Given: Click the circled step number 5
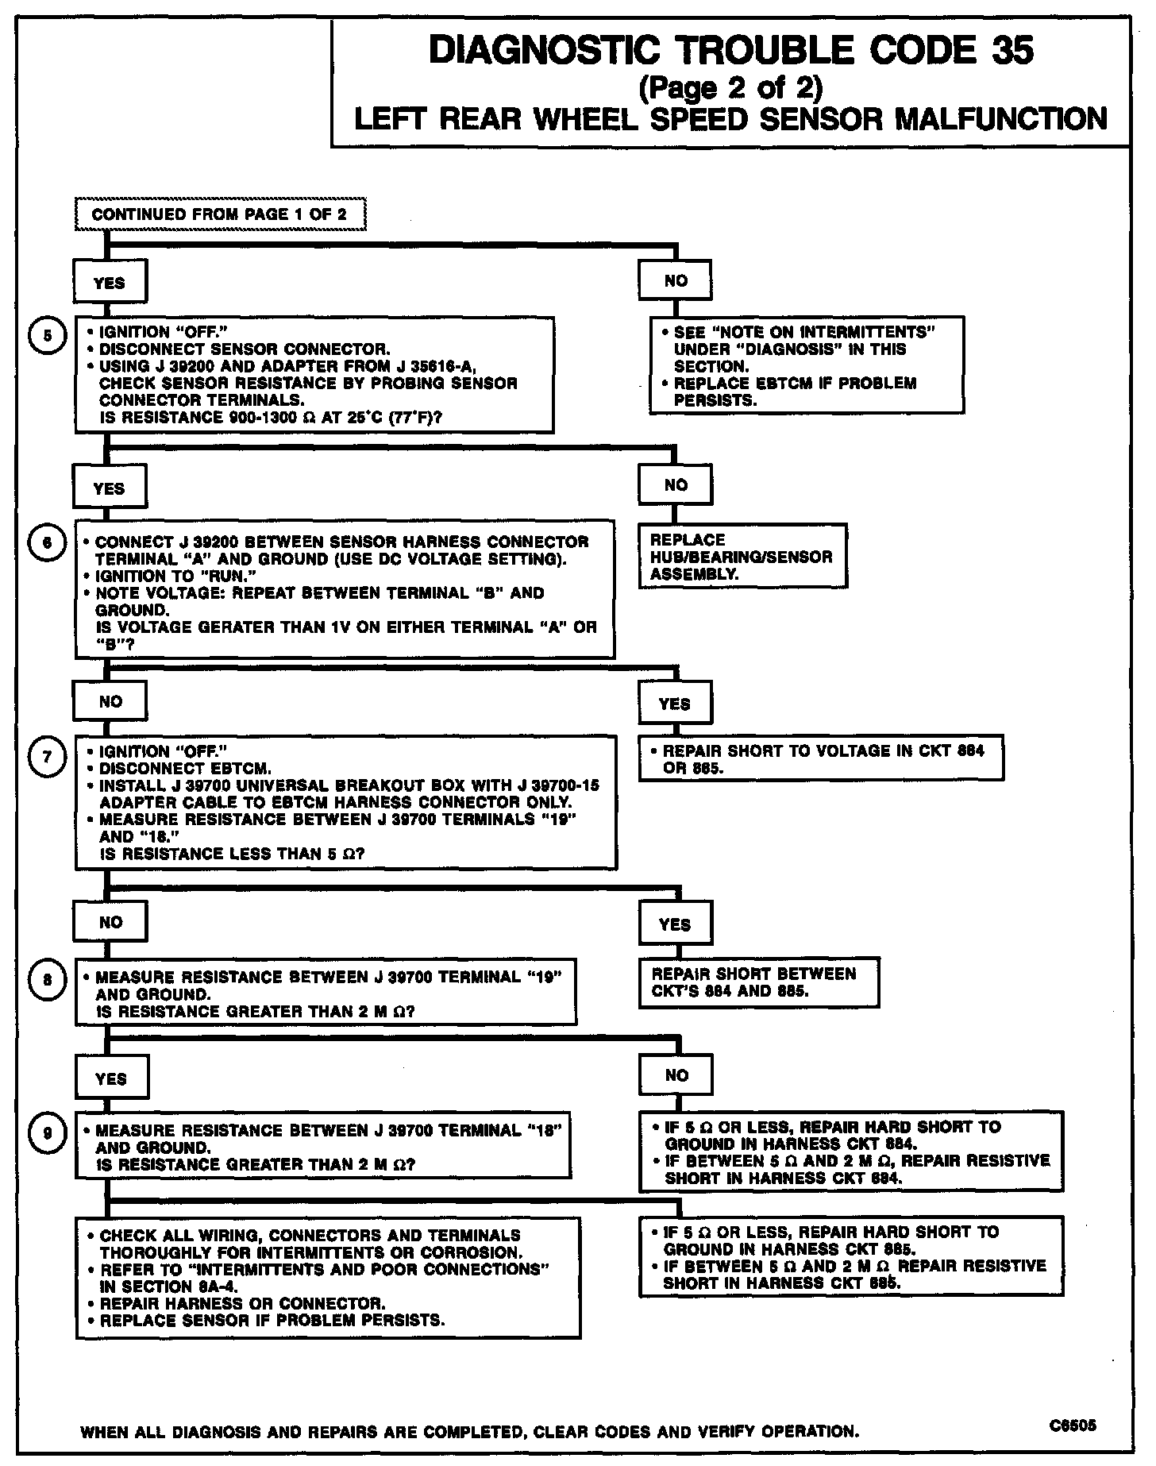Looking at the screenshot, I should (x=46, y=335).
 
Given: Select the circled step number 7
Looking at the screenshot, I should (x=46, y=757).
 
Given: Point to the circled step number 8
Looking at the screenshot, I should (x=46, y=980).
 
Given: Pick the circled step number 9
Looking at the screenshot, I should (x=46, y=1134).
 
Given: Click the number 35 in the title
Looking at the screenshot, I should (x=1011, y=51).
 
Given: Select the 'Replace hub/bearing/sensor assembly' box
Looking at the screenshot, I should (x=742, y=556).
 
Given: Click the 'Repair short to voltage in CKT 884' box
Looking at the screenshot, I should (x=821, y=758).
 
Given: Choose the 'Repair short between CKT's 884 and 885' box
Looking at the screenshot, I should (x=758, y=982).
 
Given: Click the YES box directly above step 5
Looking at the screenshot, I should (x=110, y=282).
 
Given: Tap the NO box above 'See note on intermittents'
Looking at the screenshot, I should (x=676, y=280).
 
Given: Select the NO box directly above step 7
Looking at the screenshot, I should (x=110, y=701).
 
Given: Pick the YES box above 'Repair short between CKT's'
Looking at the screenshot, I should (x=675, y=924).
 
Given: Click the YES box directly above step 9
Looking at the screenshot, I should (x=110, y=1078).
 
